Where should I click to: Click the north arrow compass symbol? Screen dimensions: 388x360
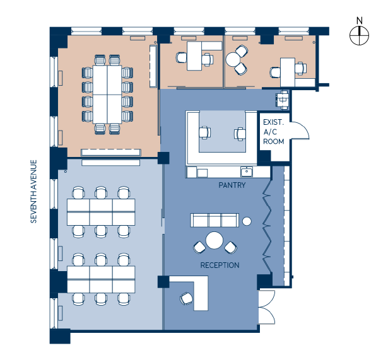(359, 35)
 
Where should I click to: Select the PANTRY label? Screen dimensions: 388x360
(232, 186)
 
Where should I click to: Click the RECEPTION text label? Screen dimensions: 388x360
(220, 265)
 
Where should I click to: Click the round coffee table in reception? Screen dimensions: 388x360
(215, 240)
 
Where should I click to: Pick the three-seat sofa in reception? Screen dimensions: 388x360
(214, 219)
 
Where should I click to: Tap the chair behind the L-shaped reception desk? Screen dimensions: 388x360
(186, 298)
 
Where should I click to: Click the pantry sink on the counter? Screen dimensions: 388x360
(245, 171)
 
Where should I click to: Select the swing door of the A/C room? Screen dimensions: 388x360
(299, 129)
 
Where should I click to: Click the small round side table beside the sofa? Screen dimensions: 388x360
(247, 221)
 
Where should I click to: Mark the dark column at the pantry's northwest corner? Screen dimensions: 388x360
(163, 158)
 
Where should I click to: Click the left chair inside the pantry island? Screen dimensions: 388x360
(204, 132)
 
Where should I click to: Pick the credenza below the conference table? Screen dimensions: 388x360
(111, 152)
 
